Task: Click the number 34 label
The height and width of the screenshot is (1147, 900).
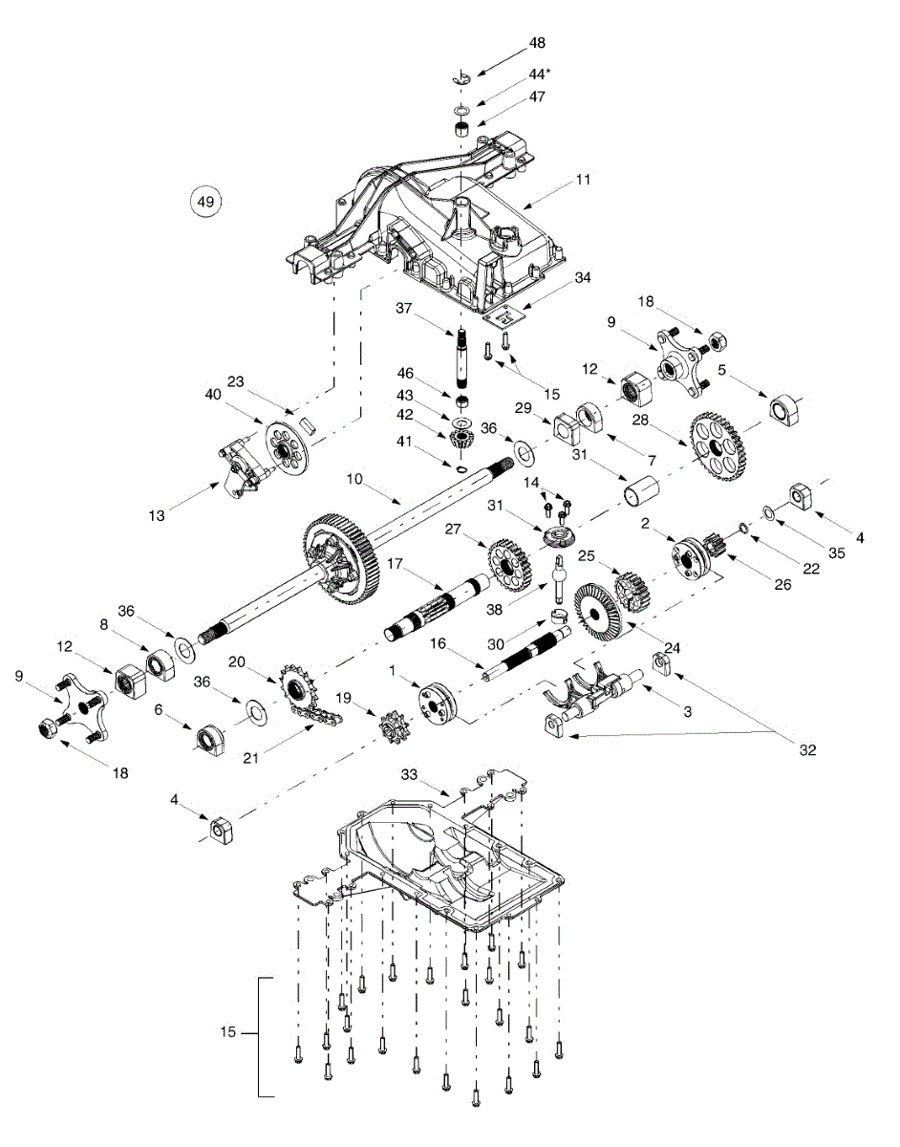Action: coord(582,278)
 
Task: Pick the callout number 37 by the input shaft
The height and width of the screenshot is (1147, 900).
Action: coord(404,308)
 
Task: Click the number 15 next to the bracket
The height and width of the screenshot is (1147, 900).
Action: coord(227,1032)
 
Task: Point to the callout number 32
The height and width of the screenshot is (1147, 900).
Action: coord(808,750)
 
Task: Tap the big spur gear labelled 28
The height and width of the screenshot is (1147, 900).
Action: coord(716,444)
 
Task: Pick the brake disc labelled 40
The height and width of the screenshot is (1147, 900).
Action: coord(285,448)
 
